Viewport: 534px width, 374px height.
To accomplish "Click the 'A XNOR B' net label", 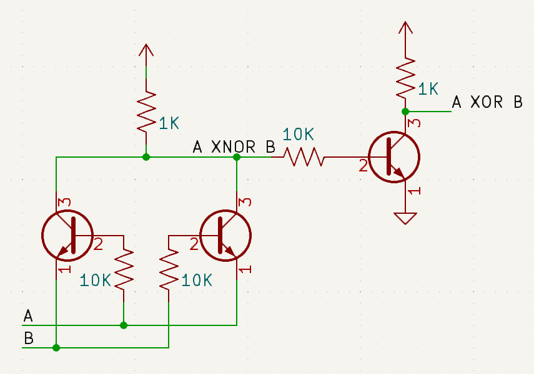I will pos(234,147).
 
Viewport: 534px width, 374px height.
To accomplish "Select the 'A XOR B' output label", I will pos(487,102).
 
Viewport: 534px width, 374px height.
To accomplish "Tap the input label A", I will pos(27,316).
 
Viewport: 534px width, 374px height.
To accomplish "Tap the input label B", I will pos(28,339).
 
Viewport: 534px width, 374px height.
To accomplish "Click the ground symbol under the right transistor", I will pos(405,218).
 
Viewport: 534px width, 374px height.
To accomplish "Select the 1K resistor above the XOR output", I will pos(405,78).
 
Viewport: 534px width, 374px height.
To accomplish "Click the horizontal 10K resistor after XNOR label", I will pos(304,157).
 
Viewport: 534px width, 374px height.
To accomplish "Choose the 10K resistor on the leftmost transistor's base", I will pos(124,268).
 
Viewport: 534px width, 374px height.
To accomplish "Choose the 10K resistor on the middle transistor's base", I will pos(169,268).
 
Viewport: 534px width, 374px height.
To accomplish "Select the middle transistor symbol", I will pos(225,236).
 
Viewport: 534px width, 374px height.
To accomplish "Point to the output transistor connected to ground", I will pos(393,157).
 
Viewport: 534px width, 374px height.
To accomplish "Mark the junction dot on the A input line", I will pos(124,325).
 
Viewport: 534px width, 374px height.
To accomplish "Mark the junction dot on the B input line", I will pos(56,348).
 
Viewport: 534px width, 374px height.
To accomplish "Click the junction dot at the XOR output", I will pos(405,112).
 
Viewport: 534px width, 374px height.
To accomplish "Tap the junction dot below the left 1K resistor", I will pos(146,157).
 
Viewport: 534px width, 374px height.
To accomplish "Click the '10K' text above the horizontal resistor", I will pos(299,134).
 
